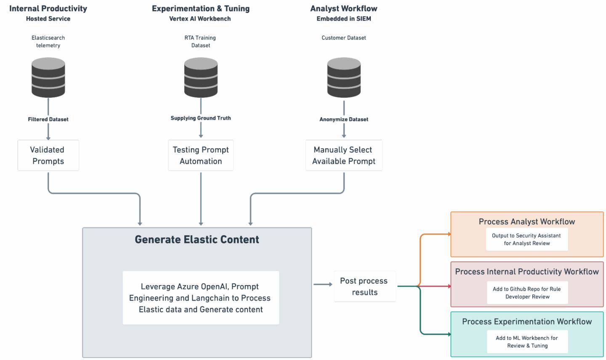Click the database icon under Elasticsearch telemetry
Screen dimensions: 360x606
[x=48, y=77]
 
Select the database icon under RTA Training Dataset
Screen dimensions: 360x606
[x=201, y=77]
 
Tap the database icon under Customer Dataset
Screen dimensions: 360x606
[x=344, y=77]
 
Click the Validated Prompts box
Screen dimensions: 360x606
[x=48, y=155]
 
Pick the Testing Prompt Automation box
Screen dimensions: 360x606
[x=201, y=155]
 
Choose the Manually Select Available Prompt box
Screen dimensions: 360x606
[x=344, y=155]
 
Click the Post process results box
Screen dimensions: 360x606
[x=364, y=286]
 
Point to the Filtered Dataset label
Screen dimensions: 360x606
[x=48, y=119]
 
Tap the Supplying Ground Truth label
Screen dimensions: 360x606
[x=201, y=118]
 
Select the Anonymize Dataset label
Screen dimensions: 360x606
[x=344, y=119]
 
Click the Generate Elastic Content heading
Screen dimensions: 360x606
[x=197, y=240]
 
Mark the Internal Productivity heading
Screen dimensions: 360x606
[x=48, y=8]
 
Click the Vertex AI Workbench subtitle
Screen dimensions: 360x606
[x=200, y=19]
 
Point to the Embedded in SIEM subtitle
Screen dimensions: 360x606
[x=344, y=19]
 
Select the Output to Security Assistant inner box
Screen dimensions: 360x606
[x=527, y=239]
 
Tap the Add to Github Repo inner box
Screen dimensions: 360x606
[x=527, y=293]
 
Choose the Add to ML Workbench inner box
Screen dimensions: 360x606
[x=527, y=341]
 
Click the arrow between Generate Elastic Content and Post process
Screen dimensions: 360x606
[x=323, y=284]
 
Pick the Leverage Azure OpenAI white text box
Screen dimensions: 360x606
[x=201, y=298]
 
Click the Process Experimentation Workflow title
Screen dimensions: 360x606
[x=527, y=322]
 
